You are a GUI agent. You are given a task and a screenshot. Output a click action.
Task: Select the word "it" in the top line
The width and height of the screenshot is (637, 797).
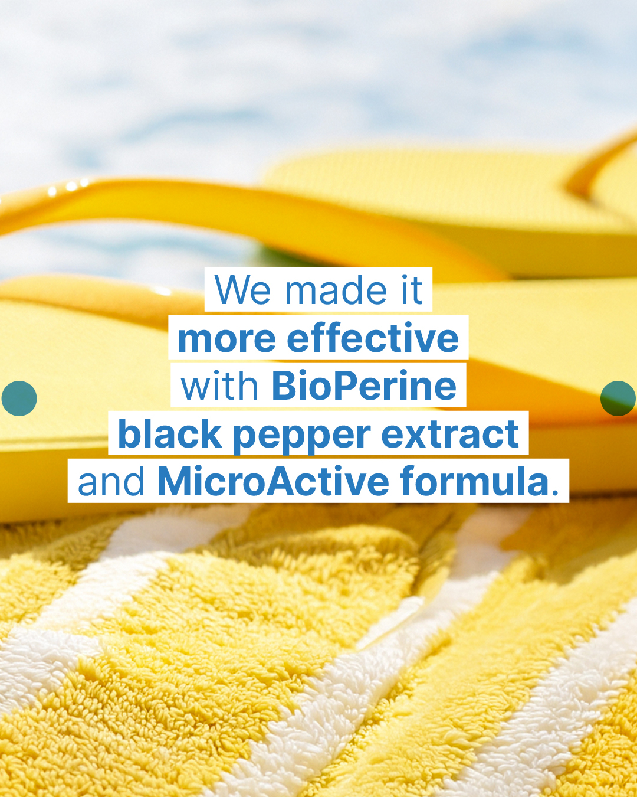[x=412, y=290]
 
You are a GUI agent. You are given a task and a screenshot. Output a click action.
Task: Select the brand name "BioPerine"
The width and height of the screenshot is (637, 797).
[x=365, y=385]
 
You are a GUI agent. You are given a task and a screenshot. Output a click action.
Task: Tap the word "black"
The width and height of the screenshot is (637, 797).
[x=170, y=433]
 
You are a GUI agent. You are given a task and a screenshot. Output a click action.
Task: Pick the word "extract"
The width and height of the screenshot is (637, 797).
[x=450, y=434]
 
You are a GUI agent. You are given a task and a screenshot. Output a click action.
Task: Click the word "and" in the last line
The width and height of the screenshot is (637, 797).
[x=111, y=481]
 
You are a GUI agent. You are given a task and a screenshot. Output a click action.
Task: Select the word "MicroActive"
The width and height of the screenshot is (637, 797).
[x=273, y=481]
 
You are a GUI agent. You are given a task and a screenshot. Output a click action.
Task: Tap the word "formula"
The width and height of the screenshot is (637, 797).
[x=475, y=481]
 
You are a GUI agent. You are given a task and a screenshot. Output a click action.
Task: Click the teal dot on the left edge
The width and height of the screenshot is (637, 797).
[x=19, y=398]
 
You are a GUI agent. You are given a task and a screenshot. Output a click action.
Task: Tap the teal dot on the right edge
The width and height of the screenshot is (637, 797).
[x=618, y=398]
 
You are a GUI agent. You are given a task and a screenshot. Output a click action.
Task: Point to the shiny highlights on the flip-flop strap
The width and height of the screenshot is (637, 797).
[x=68, y=187]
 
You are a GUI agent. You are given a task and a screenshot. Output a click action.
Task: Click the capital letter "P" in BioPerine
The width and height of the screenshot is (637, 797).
[x=346, y=385]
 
